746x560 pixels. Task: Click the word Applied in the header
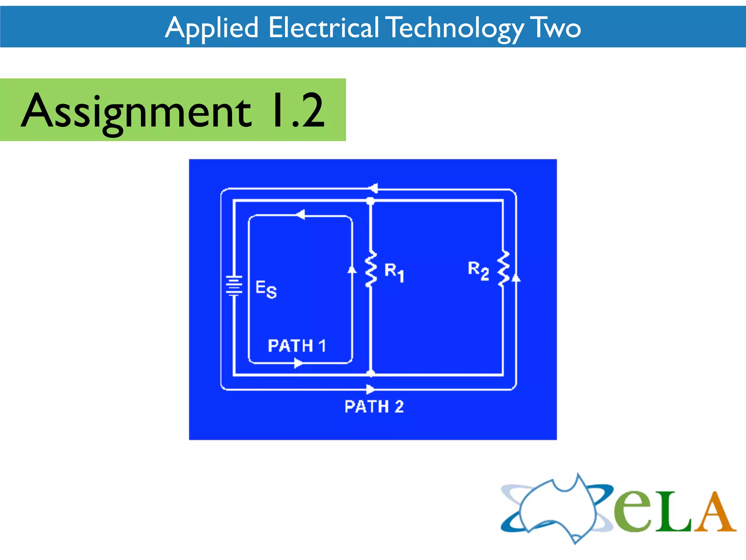[212, 28]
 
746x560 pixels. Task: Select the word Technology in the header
[455, 28]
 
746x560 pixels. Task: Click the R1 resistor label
[394, 272]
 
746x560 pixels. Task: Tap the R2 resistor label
[478, 270]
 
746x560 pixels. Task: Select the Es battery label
[266, 289]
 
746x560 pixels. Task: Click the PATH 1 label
[297, 346]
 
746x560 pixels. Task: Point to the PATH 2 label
[374, 407]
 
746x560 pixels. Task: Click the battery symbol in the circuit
[234, 285]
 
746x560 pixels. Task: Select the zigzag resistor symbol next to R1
[370, 270]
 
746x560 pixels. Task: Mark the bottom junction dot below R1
[370, 373]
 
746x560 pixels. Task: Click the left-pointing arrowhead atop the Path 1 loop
[300, 215]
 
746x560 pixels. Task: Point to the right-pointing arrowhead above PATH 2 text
[370, 389]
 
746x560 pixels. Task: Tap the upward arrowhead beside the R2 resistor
[516, 278]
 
